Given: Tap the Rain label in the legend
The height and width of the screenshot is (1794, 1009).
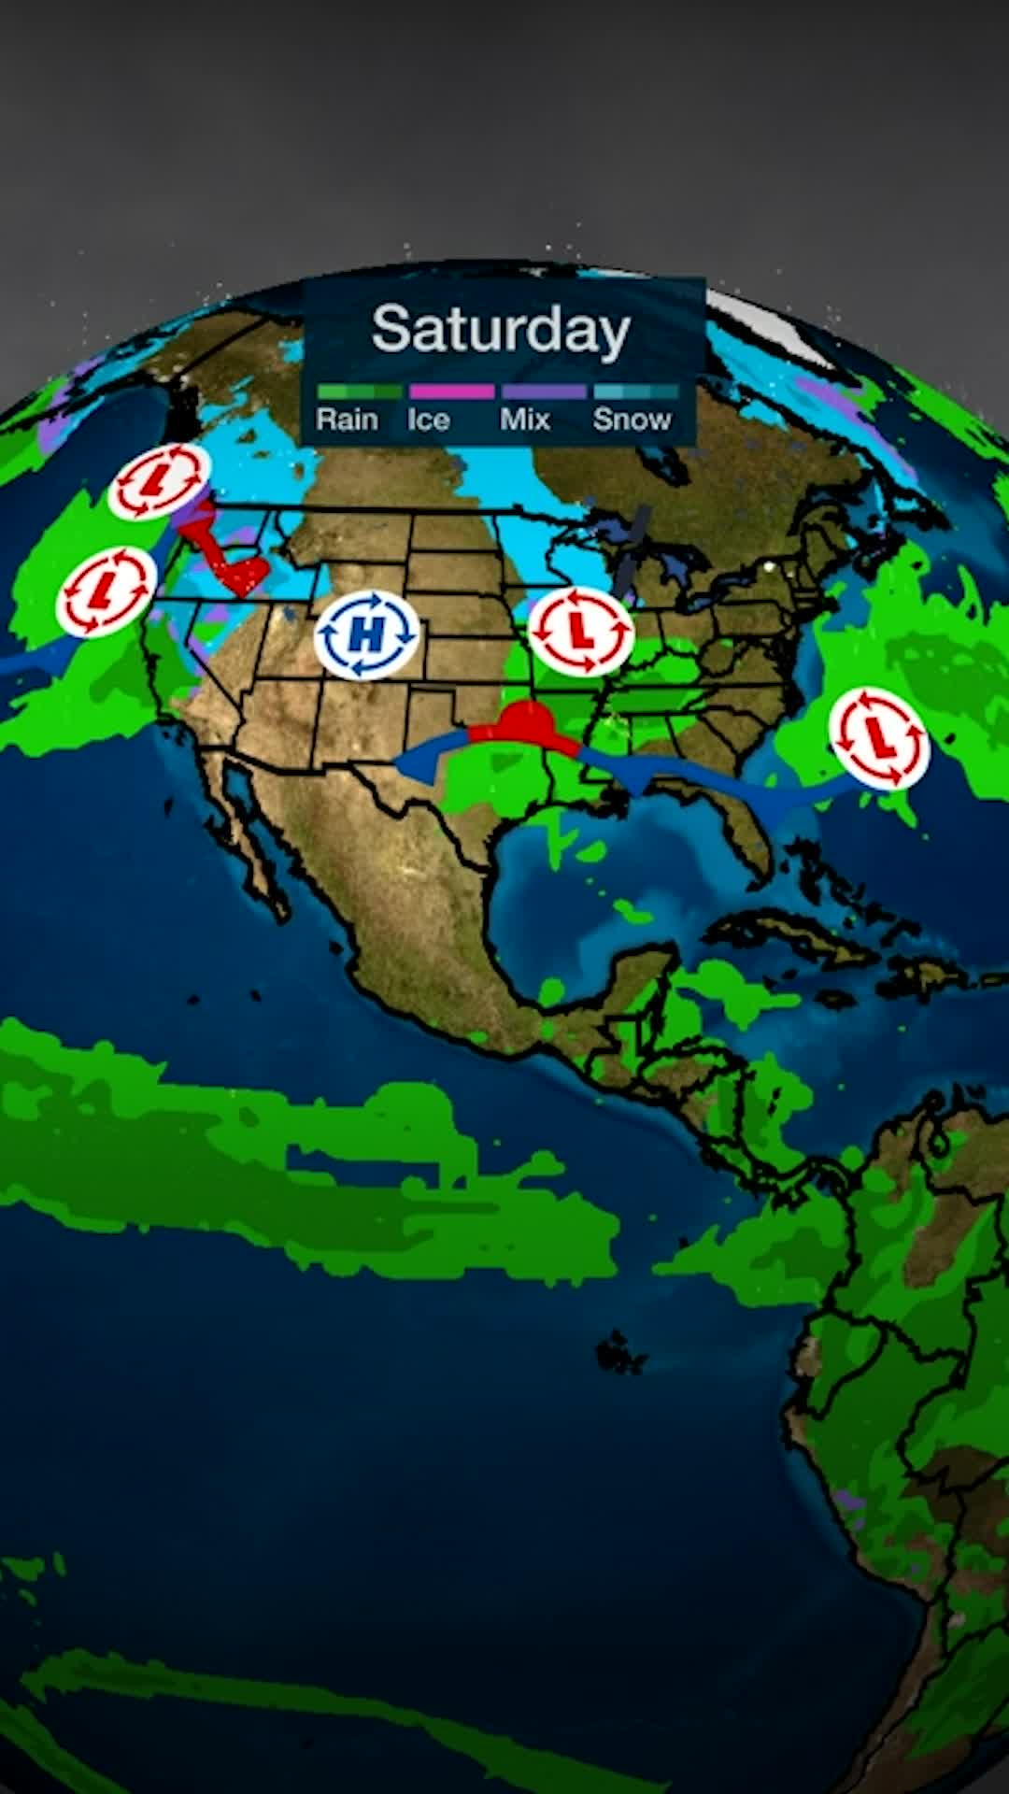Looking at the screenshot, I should pyautogui.click(x=347, y=420).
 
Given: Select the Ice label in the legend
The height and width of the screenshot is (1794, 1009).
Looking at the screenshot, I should pyautogui.click(x=428, y=420).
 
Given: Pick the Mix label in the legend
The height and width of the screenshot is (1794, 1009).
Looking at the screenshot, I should pyautogui.click(x=525, y=420).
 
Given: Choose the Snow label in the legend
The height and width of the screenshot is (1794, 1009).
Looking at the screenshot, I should pyautogui.click(x=632, y=420).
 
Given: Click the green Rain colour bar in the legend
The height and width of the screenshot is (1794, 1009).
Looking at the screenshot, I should pyautogui.click(x=359, y=392).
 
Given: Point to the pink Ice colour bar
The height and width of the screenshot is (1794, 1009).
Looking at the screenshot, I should pyautogui.click(x=451, y=392).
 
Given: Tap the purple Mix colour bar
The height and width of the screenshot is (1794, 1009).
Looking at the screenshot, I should pyautogui.click(x=544, y=392).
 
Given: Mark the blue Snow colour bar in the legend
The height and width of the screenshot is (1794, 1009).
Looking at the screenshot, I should pyautogui.click(x=636, y=392).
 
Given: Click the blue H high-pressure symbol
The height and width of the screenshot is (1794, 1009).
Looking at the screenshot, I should pyautogui.click(x=366, y=635).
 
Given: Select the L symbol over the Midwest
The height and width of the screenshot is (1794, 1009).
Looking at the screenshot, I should pyautogui.click(x=581, y=632).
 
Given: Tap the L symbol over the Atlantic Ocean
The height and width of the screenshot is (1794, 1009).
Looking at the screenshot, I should pyautogui.click(x=879, y=738).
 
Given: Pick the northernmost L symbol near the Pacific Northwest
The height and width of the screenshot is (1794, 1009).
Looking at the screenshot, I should pyautogui.click(x=158, y=481).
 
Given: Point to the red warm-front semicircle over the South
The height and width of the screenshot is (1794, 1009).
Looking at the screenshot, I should pyautogui.click(x=526, y=721).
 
